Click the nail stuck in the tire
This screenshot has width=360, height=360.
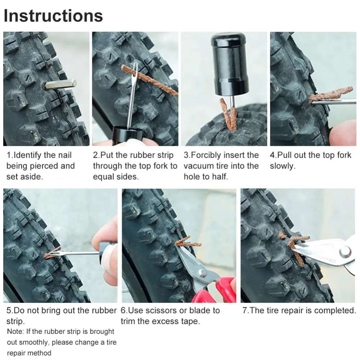coord(60,84)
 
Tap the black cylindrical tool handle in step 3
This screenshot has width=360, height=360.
coord(230,64)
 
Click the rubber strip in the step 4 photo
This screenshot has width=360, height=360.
coord(331,94)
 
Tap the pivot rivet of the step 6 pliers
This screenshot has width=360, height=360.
coord(202,273)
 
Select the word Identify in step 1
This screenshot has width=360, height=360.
coord(26,156)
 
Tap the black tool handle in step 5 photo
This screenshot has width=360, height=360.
coord(107,253)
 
